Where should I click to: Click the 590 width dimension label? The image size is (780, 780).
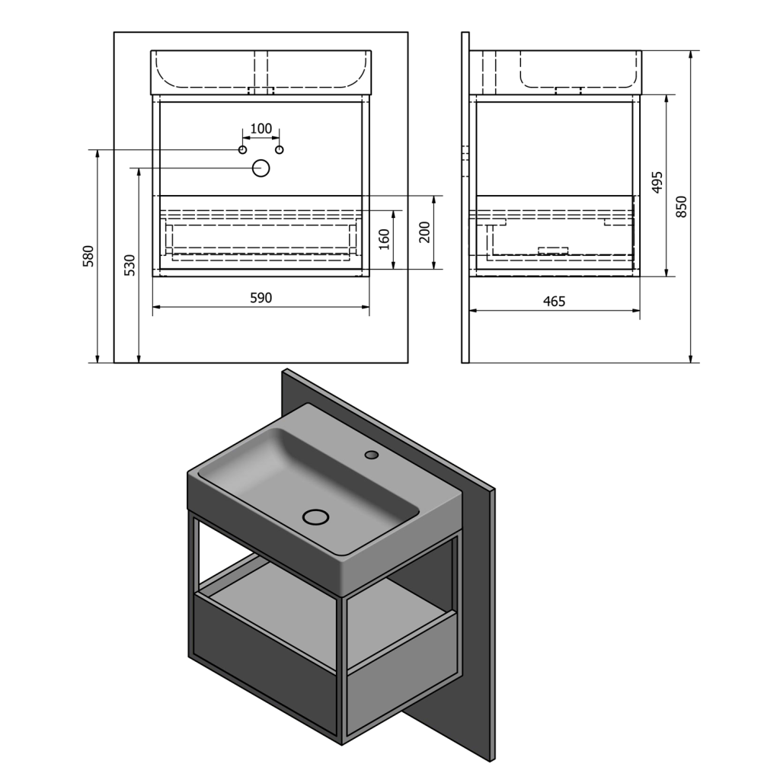261,298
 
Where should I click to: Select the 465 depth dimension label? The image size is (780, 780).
555,302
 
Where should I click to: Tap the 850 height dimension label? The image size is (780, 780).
682,206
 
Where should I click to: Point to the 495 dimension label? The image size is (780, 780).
657,182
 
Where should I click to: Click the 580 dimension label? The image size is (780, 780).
88,256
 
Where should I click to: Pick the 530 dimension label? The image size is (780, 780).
129,265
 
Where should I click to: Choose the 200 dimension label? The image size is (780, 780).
424,232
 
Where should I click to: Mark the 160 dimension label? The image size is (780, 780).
384,239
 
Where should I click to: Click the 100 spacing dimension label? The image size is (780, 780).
261,129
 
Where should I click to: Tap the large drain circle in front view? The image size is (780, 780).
261,168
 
